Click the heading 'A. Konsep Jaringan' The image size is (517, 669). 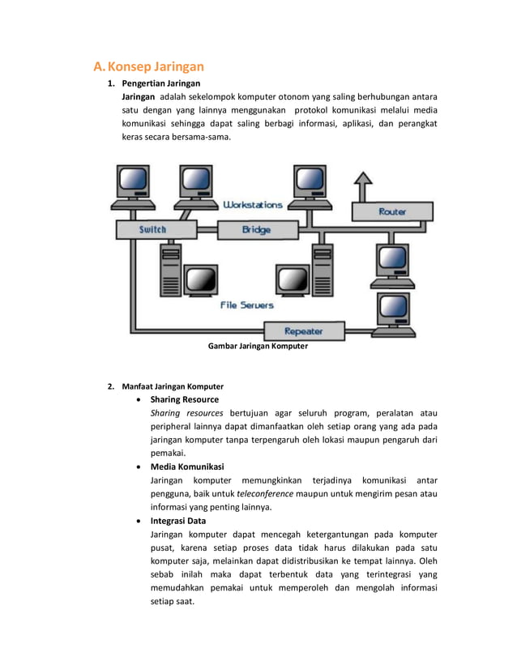pyautogui.click(x=148, y=66)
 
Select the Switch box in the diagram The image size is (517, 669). pyautogui.click(x=152, y=229)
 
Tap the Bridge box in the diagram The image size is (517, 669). pyautogui.click(x=256, y=230)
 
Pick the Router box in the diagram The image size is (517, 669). pyautogui.click(x=392, y=211)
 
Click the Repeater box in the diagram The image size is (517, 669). pyautogui.click(x=304, y=331)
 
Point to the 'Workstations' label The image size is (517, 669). pyautogui.click(x=253, y=205)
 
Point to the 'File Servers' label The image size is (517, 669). pyautogui.click(x=247, y=305)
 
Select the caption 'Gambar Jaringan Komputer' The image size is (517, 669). pyautogui.click(x=258, y=347)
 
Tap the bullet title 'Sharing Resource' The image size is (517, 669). pyautogui.click(x=185, y=399)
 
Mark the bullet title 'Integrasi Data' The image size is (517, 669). pyautogui.click(x=178, y=521)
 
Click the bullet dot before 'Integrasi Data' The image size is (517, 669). pyautogui.click(x=143, y=521)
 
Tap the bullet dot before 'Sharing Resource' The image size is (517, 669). pyautogui.click(x=143, y=400)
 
